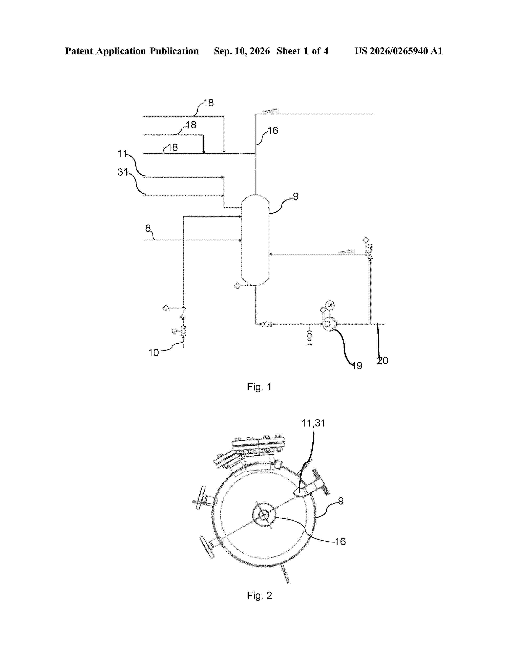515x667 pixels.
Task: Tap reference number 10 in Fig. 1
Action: [x=153, y=353]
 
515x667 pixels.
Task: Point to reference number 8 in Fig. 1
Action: [x=148, y=228]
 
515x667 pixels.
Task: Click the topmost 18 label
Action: [x=208, y=103]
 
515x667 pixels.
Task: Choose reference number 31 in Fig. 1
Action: [x=122, y=172]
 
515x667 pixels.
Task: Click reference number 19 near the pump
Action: [x=357, y=366]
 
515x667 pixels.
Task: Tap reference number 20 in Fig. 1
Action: [x=383, y=361]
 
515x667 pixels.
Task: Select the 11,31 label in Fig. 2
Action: [x=313, y=423]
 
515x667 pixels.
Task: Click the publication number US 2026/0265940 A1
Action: [x=398, y=51]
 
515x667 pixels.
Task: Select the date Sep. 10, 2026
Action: [x=242, y=51]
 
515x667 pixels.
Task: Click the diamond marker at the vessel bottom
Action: [x=237, y=286]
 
